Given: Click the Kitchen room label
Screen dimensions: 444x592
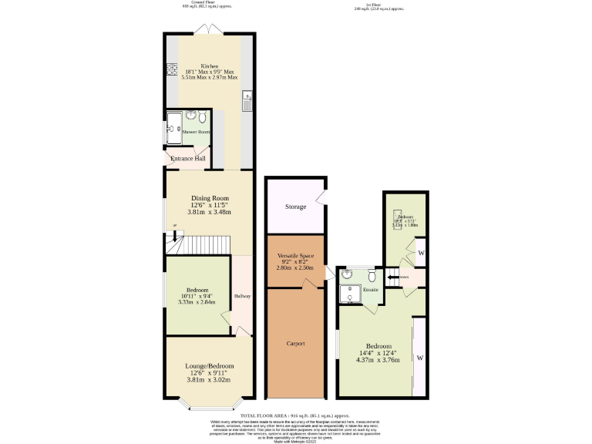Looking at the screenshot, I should click(x=210, y=66).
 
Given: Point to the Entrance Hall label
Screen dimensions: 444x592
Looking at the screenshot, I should click(x=188, y=159).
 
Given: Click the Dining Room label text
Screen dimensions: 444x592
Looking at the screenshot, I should click(x=210, y=198).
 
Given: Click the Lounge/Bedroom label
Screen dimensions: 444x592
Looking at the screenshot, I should click(x=209, y=365).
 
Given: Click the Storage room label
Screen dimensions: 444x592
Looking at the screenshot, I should click(x=295, y=207).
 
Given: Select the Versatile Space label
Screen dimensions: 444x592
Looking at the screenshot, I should click(x=295, y=254).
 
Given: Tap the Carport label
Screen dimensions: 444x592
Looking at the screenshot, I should click(x=295, y=343).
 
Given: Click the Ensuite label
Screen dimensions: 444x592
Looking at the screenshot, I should click(x=371, y=290).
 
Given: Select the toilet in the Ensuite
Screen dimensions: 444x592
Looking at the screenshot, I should click(x=372, y=275).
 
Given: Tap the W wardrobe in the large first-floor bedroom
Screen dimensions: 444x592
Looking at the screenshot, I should click(x=420, y=358).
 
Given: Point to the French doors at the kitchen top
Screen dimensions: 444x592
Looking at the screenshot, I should click(x=210, y=29).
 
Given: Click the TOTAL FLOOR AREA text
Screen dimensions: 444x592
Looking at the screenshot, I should click(x=296, y=415).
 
